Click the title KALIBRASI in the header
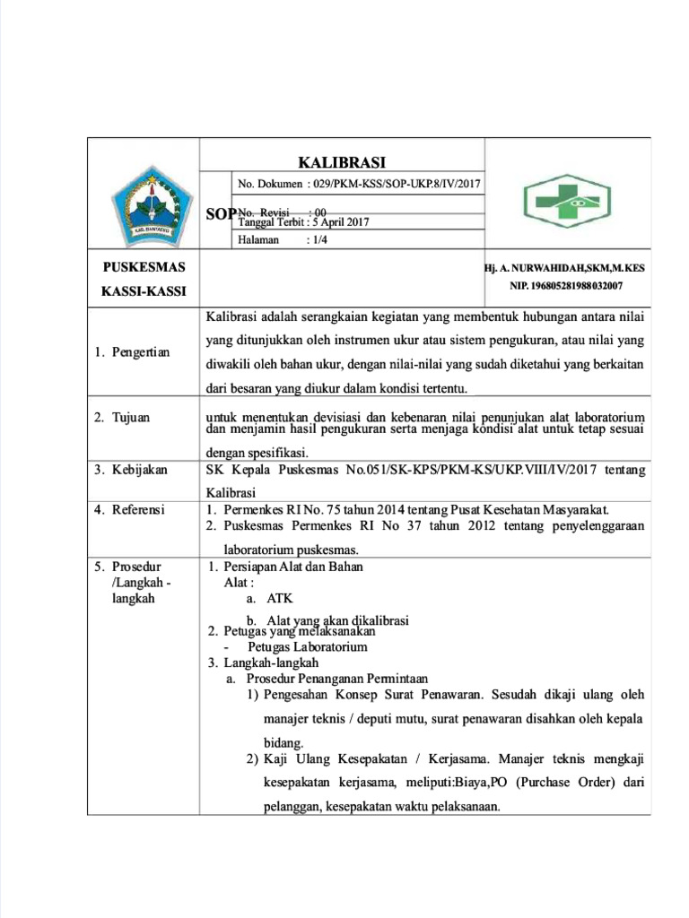pyautogui.click(x=341, y=162)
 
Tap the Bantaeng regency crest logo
pyautogui.click(x=144, y=208)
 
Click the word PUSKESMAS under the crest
pyautogui.click(x=144, y=267)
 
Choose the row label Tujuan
pyautogui.click(x=132, y=418)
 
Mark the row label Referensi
pyautogui.click(x=137, y=510)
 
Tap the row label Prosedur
pyautogui.click(x=135, y=567)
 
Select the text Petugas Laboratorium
pyautogui.click(x=308, y=646)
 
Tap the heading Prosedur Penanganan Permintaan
pyautogui.click(x=337, y=679)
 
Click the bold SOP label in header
pyautogui.click(x=221, y=213)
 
